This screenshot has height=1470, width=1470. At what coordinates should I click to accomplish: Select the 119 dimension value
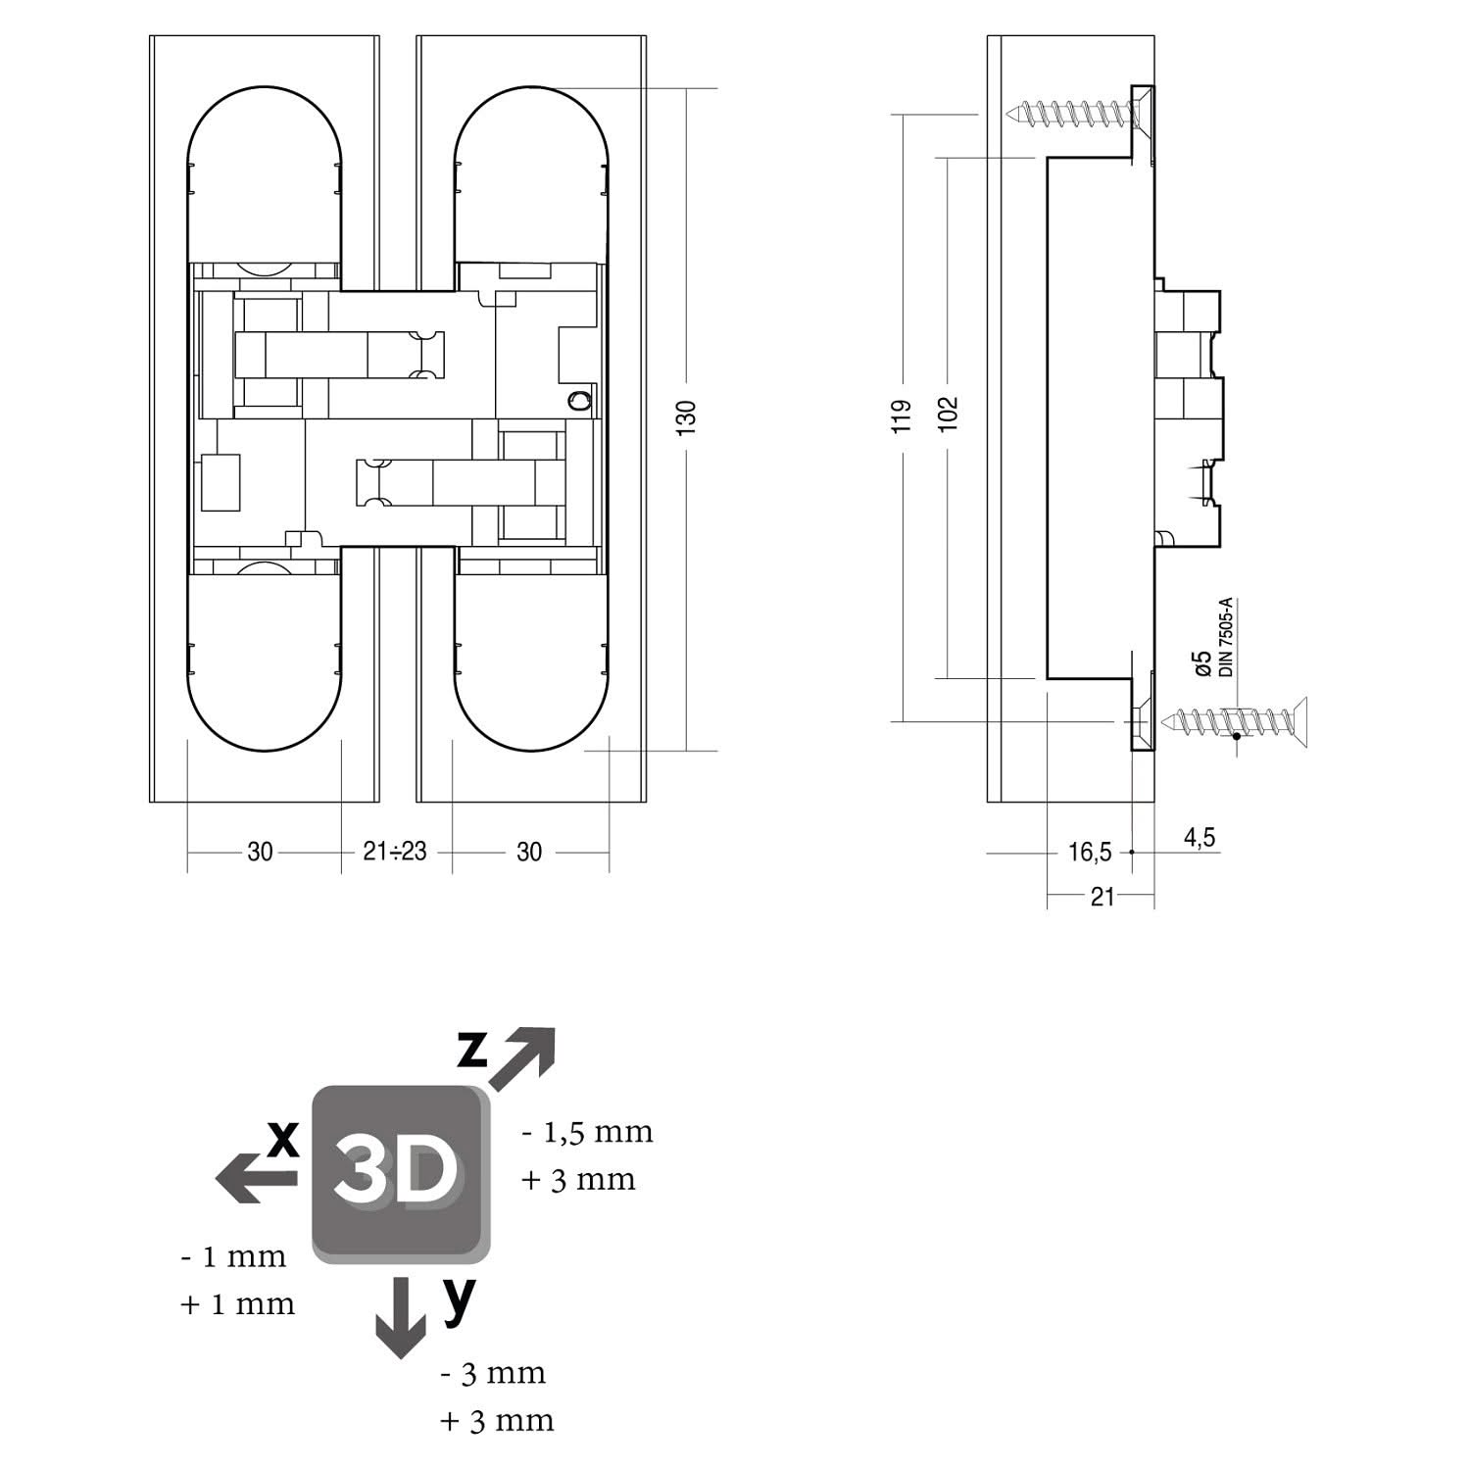[904, 415]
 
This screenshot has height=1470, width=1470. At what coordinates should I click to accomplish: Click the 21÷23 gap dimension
[395, 852]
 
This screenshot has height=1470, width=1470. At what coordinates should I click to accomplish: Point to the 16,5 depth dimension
[1090, 853]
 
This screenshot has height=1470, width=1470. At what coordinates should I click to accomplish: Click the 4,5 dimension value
[1200, 838]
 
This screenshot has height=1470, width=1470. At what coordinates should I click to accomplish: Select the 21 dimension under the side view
[1102, 896]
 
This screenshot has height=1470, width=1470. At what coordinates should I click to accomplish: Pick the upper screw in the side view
[1078, 113]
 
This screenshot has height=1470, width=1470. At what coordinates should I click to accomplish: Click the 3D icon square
[400, 1173]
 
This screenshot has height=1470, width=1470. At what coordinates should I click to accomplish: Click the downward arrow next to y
[401, 1316]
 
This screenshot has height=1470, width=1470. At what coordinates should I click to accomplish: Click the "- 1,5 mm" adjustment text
[587, 1133]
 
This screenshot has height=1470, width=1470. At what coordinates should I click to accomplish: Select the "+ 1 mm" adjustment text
[237, 1304]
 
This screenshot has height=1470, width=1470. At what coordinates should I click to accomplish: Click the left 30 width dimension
[260, 852]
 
